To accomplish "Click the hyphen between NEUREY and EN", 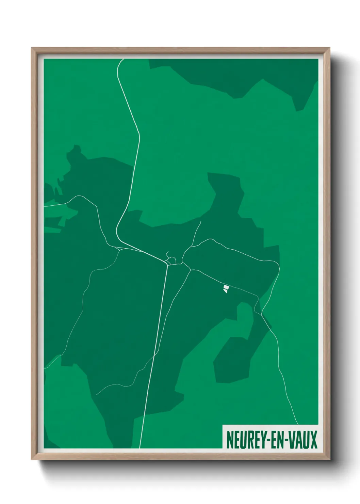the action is [x=264, y=440].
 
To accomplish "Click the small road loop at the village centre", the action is [x=171, y=261].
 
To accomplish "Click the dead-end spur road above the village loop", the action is [x=167, y=254].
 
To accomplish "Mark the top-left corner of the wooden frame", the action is [x=32, y=48].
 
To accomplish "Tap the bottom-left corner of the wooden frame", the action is [x=32, y=459].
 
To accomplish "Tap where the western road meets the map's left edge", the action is [x=44, y=206].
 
